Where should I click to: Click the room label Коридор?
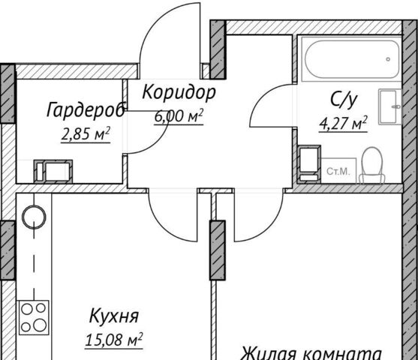tap(179, 93)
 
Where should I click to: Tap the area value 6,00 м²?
tap(179, 116)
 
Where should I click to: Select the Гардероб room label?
tap(86, 109)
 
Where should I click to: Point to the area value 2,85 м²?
tap(86, 134)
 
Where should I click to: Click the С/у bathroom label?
tap(344, 100)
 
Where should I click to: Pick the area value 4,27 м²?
tap(344, 124)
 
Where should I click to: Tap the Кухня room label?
tap(114, 316)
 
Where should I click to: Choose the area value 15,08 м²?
tap(114, 340)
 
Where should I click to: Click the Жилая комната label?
tap(311, 353)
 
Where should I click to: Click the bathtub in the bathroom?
tap(351, 59)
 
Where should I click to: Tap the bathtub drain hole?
tap(388, 59)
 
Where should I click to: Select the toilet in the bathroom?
tap(372, 165)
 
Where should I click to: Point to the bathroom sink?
tap(389, 106)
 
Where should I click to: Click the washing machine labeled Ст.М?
tap(338, 171)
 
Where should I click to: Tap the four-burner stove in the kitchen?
tap(34, 318)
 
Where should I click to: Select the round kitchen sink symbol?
tap(34, 217)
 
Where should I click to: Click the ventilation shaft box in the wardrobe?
tap(53, 172)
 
